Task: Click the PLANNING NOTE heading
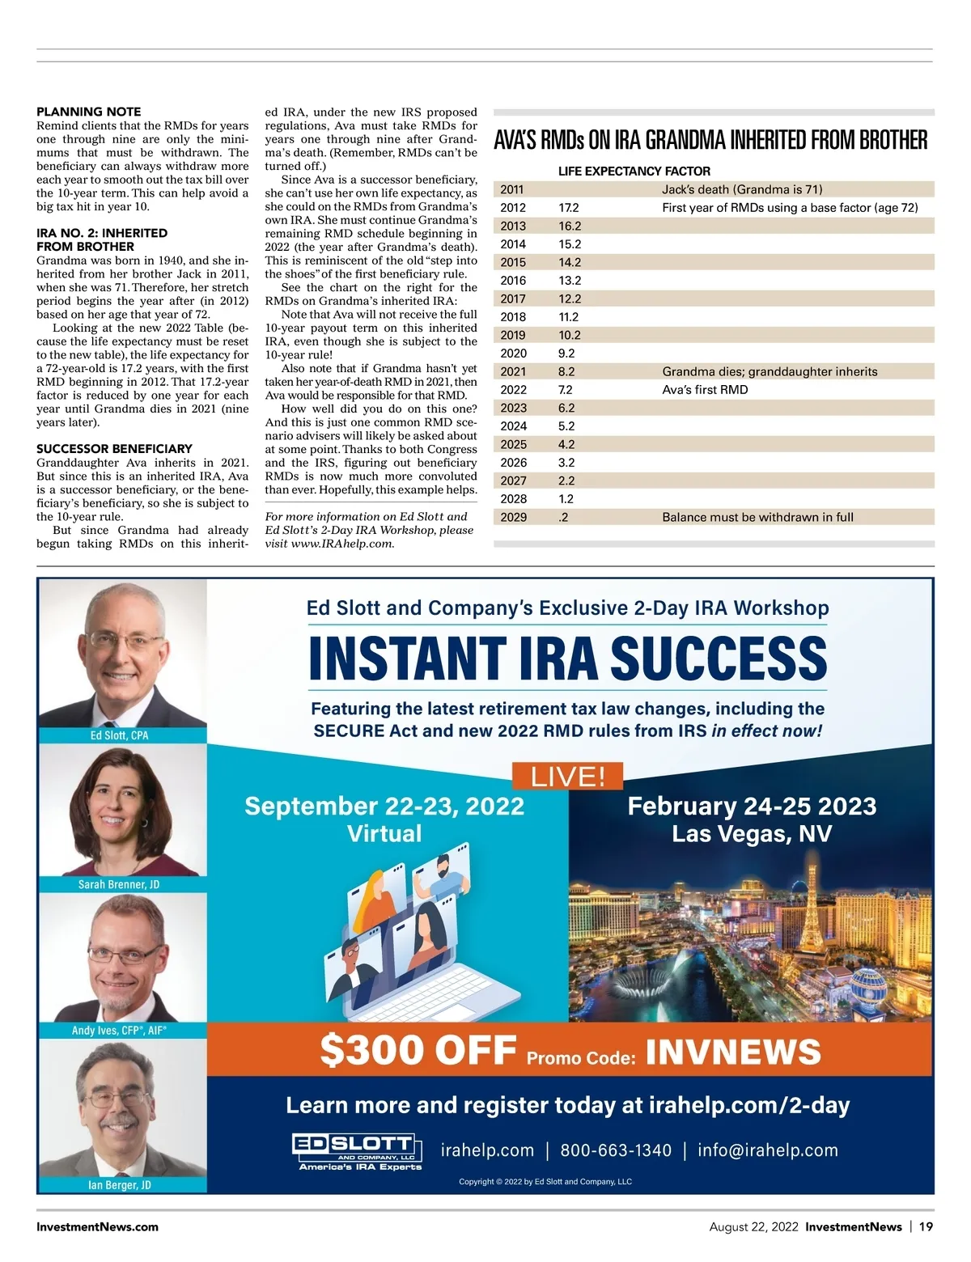tap(88, 112)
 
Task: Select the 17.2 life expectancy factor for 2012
tap(569, 208)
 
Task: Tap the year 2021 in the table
tap(513, 371)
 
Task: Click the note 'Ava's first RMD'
tap(705, 390)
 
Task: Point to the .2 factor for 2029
tap(563, 517)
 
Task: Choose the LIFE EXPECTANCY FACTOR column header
tap(634, 172)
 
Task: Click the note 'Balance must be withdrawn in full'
tap(757, 517)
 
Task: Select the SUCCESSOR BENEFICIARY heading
tap(114, 448)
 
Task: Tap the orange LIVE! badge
tap(567, 777)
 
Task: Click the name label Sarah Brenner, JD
tap(119, 884)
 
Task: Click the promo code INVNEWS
tap(733, 1052)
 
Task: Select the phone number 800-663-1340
tap(616, 1150)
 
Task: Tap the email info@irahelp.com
tap(767, 1150)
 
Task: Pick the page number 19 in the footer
tap(926, 1226)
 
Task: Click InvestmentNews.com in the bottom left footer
tap(97, 1226)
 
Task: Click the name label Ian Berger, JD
tap(120, 1185)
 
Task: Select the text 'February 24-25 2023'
tap(752, 806)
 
